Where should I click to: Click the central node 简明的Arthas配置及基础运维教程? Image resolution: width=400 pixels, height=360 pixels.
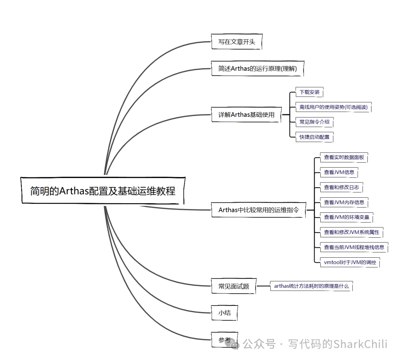[103, 191]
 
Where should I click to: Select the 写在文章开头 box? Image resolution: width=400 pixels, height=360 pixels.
[237, 42]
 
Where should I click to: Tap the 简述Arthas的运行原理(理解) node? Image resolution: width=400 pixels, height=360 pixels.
[257, 68]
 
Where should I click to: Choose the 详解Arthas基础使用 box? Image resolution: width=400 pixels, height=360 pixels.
[246, 115]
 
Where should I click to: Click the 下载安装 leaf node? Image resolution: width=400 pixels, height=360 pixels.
[309, 92]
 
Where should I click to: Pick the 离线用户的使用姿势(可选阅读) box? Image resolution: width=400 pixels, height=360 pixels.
[333, 107]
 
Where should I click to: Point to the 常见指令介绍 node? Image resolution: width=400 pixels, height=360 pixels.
[314, 122]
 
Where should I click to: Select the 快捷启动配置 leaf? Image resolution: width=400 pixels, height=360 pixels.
[314, 137]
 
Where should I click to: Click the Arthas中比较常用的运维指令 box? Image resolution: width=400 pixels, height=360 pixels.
[258, 210]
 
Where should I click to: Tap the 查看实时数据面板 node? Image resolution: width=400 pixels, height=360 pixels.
[344, 157]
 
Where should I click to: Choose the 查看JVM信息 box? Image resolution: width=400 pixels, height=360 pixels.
[339, 172]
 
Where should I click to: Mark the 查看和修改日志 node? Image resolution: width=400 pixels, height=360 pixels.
[341, 187]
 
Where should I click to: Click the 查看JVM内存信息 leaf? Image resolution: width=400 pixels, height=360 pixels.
[344, 202]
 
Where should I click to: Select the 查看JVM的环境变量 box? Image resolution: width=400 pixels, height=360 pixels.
[347, 217]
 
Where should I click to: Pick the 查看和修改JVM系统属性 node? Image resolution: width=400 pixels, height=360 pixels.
[351, 232]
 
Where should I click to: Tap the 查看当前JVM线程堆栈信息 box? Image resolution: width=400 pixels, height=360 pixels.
[354, 247]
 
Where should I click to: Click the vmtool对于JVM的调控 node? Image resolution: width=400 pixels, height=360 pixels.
[350, 262]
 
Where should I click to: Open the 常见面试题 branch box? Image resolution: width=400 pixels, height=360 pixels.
[234, 286]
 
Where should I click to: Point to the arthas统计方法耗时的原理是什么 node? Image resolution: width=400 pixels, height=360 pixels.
[311, 286]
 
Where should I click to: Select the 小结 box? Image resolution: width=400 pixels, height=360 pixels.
[224, 313]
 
